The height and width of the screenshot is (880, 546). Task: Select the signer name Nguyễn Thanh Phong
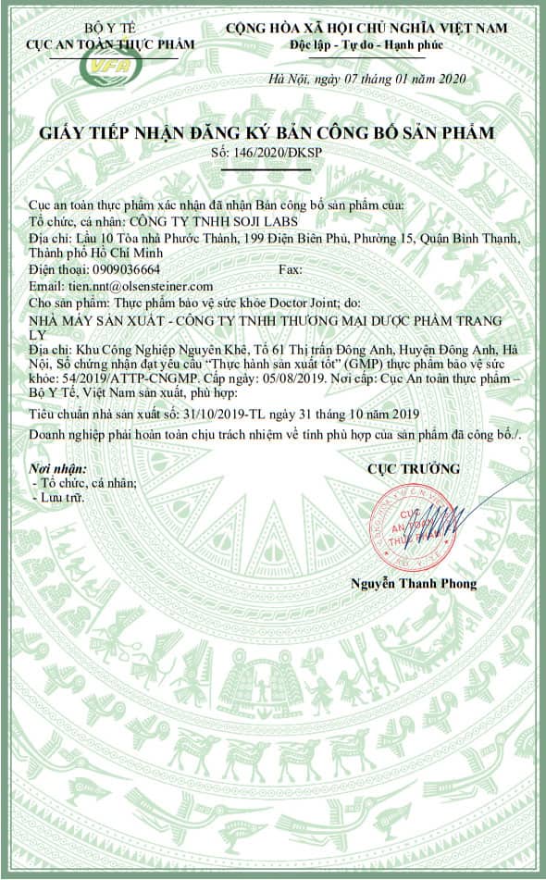[414, 583]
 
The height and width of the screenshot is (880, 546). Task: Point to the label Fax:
[291, 269]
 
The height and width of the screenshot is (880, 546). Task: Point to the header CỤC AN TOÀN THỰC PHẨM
[110, 44]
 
